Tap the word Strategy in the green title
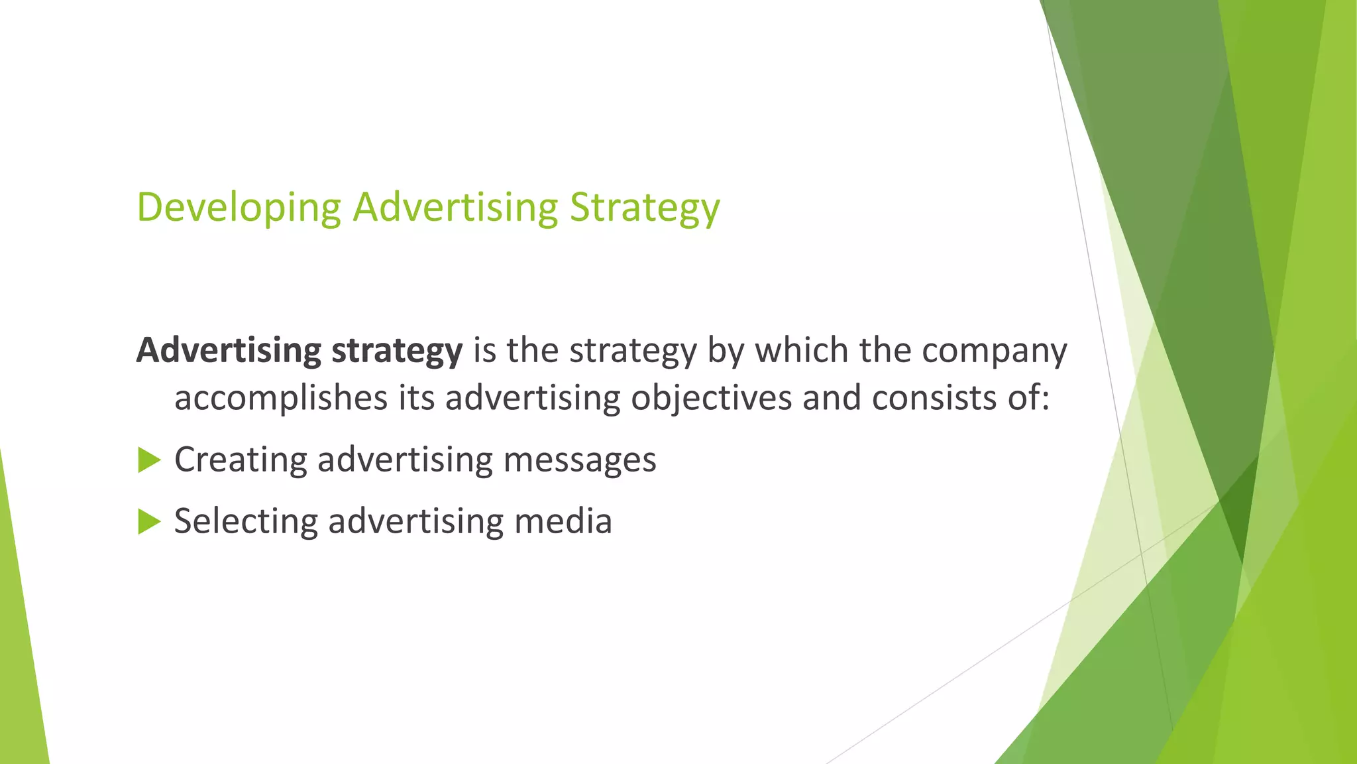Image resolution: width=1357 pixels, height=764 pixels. click(x=645, y=208)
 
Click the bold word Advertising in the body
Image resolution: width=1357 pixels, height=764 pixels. click(x=229, y=351)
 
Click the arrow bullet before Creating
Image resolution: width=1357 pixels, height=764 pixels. click(x=149, y=460)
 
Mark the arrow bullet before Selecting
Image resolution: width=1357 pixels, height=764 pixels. click(x=149, y=522)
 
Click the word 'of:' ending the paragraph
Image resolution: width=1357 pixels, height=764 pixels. click(x=1029, y=399)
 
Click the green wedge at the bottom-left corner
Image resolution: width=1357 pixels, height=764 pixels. click(x=20, y=663)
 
